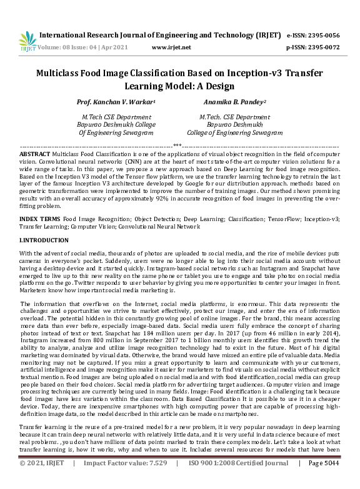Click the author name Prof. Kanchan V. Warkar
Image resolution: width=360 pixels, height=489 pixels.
click(115, 101)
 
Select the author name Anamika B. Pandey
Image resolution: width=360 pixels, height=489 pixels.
click(234, 101)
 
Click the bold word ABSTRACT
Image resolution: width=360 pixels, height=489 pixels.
click(35, 153)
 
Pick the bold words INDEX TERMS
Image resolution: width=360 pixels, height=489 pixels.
click(40, 220)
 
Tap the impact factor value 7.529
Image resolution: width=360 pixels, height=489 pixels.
click(153, 480)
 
